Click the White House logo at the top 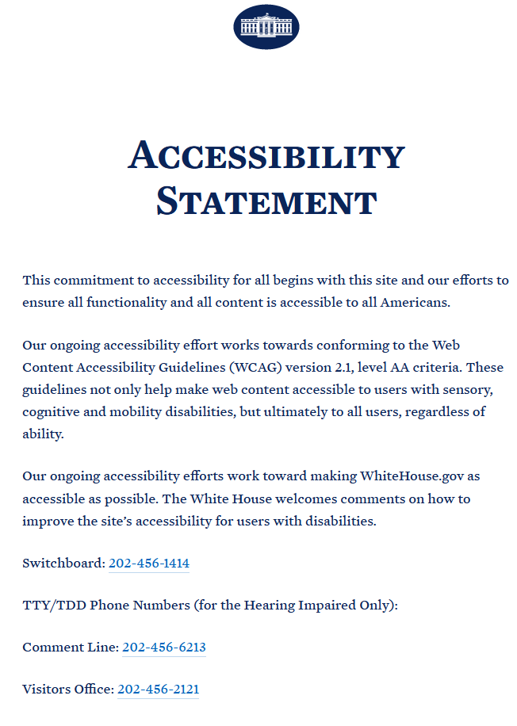(266, 26)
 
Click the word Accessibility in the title (266, 155)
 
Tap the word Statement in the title (266, 201)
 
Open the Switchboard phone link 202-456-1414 (149, 564)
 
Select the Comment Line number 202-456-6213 (163, 648)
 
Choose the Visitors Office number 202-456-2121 (158, 690)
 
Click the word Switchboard (63, 564)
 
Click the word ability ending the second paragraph (42, 434)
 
